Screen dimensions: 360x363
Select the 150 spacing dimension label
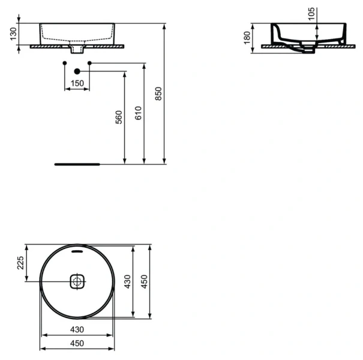77,84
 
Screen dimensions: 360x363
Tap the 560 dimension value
119,118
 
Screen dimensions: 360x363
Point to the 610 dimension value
139,113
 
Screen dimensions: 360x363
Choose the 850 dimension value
158,94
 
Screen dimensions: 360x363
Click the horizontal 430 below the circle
77,329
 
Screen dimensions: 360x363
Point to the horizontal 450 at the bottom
77,343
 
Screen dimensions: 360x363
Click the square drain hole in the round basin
77,281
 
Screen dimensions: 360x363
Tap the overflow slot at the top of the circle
77,252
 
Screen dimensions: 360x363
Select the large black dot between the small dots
77,71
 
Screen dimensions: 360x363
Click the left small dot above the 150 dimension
64,63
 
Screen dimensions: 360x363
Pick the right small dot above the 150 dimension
89,63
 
